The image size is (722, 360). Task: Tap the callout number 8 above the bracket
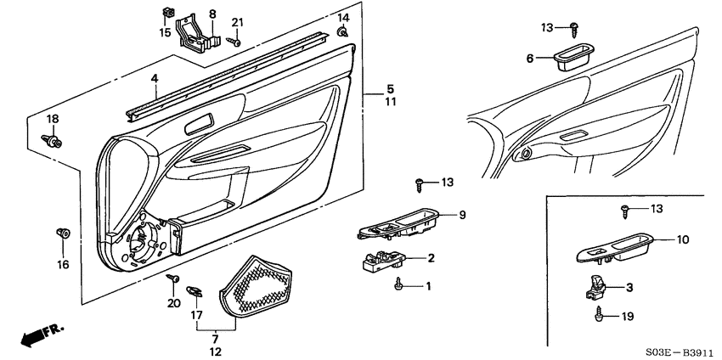[212, 14]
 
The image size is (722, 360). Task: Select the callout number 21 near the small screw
[237, 22]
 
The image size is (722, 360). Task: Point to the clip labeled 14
[341, 32]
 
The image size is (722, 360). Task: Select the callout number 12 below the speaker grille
[214, 352]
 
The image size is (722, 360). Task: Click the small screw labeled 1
[399, 286]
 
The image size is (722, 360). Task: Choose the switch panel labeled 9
[399, 223]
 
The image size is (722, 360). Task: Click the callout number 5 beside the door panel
[390, 88]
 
